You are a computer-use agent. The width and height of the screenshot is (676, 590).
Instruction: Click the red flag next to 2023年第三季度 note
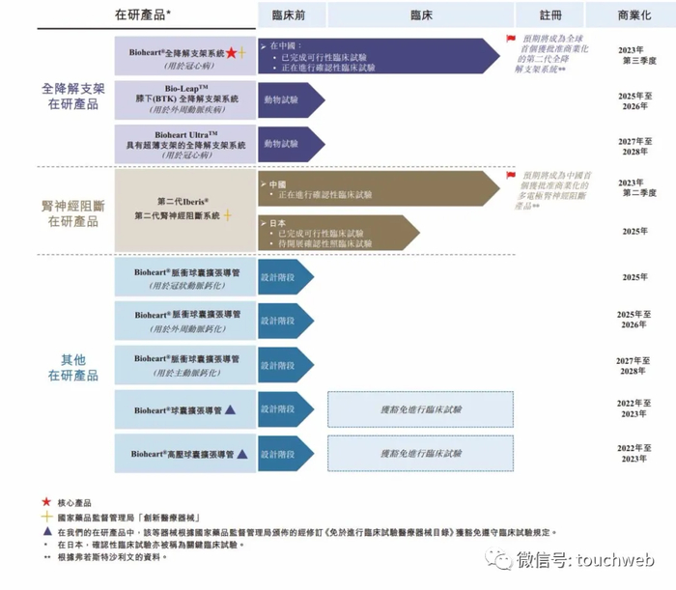[x=511, y=39]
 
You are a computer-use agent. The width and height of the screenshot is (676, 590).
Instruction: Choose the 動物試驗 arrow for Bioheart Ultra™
[x=288, y=145]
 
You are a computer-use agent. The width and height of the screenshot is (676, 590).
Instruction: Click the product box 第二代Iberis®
[x=183, y=210]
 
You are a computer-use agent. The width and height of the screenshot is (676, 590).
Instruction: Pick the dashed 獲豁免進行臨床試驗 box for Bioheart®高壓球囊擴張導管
[x=421, y=453]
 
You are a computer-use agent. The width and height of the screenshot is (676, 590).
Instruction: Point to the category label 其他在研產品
[x=73, y=367]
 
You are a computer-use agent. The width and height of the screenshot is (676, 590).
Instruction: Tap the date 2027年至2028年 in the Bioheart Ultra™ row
[x=635, y=146]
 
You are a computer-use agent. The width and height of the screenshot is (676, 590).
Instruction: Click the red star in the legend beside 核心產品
[x=46, y=503]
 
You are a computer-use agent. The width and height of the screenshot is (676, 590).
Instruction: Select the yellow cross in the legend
[x=46, y=518]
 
